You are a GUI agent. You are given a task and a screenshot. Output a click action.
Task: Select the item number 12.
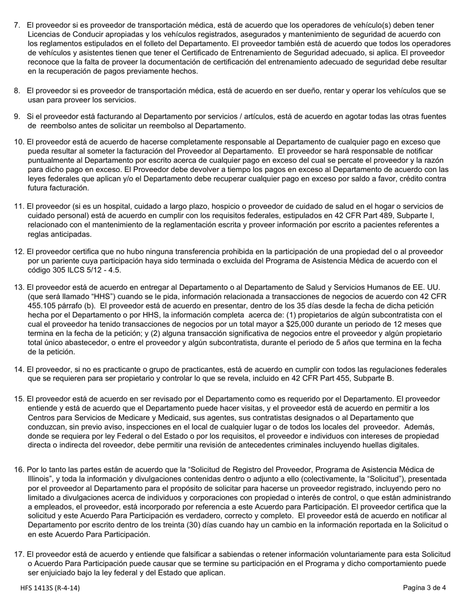tap(19, 252)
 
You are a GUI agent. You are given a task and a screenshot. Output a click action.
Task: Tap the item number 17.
tap(19, 555)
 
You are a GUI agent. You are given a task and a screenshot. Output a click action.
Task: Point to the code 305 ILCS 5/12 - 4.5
tap(74, 270)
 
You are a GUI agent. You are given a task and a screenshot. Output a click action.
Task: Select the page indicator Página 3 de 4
tap(424, 588)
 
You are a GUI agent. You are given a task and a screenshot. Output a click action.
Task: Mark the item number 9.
tap(17, 117)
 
